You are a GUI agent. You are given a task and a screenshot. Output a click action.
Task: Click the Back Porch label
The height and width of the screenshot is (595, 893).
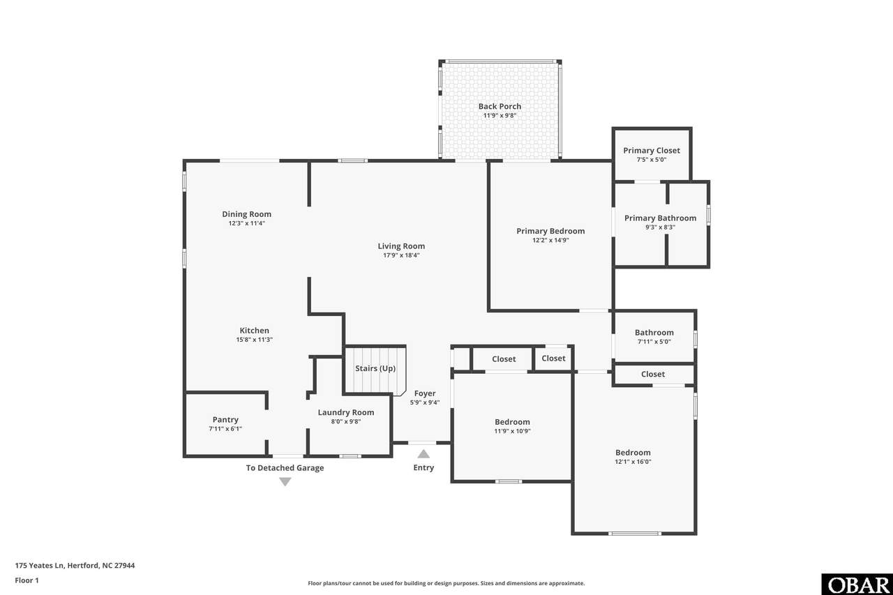500,107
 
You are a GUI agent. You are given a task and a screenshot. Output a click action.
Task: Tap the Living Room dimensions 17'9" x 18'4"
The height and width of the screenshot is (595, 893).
401,255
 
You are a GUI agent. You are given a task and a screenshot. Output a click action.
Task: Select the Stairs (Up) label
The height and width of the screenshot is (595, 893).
375,368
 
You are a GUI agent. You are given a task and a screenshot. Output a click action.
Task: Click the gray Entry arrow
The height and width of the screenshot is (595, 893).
423,454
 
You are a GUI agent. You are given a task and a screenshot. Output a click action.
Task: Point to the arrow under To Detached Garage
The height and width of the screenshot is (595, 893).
285,482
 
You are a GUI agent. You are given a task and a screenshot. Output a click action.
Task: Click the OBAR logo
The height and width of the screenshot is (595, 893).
857,585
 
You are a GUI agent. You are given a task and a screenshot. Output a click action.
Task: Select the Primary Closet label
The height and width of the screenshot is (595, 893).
652,151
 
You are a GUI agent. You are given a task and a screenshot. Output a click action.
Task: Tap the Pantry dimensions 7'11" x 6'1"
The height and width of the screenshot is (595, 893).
225,429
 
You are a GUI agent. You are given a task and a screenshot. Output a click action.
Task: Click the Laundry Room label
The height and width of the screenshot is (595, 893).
345,412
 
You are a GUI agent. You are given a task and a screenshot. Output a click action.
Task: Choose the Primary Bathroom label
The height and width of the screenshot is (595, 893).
660,218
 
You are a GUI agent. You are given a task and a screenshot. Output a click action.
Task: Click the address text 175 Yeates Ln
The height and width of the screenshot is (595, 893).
40,566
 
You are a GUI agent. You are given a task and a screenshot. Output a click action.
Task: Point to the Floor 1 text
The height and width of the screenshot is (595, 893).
27,580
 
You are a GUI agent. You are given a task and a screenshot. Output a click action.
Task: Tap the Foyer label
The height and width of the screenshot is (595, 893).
425,393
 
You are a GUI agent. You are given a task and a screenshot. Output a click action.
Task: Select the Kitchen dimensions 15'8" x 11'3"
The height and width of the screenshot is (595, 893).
254,340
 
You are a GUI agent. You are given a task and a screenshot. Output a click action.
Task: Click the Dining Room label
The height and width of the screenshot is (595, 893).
246,214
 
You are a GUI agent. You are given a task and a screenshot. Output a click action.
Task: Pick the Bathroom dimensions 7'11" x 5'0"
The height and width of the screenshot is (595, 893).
654,342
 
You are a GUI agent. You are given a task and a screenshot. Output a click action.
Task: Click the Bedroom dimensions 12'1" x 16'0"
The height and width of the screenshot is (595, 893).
633,462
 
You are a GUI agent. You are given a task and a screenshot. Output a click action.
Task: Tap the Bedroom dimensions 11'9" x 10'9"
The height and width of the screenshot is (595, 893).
512,431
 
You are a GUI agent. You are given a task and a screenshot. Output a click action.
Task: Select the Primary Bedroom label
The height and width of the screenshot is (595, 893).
550,231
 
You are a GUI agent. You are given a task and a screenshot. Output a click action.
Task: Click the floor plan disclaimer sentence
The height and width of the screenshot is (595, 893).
446,583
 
